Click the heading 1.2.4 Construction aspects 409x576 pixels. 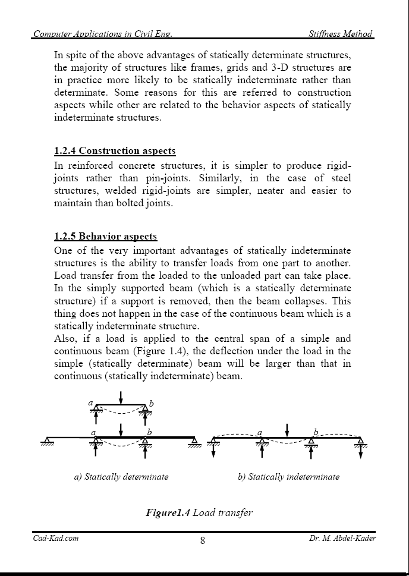click(x=115, y=151)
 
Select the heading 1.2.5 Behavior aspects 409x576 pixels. click(x=105, y=237)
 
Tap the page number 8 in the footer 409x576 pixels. click(x=203, y=540)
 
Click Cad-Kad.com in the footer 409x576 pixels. click(x=55, y=539)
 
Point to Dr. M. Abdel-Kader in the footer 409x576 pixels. click(x=342, y=539)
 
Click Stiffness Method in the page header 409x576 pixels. click(x=341, y=34)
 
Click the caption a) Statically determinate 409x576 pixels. click(x=121, y=477)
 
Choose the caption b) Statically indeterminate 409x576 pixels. click(x=288, y=477)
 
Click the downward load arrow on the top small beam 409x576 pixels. click(x=121, y=397)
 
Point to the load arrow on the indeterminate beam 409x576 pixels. click(x=287, y=430)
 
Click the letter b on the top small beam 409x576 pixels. click(x=152, y=404)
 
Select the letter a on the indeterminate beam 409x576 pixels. click(x=260, y=432)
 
